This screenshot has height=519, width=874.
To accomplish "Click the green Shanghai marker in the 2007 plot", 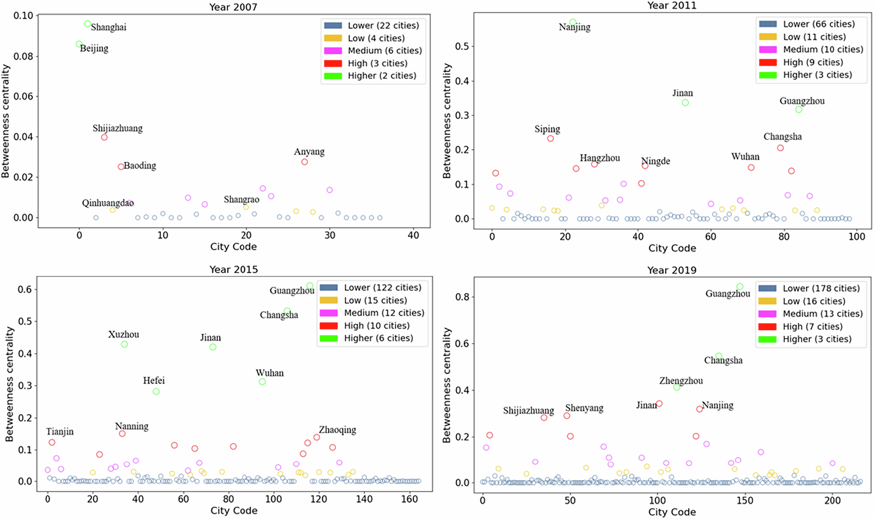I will click(x=87, y=24).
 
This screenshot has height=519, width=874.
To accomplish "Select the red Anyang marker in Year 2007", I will click(x=305, y=162).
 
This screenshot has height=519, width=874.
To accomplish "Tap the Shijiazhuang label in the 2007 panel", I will click(x=118, y=128).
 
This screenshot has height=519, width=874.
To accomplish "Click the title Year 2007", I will click(x=233, y=7).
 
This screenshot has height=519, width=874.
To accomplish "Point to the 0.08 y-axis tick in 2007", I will click(x=23, y=56).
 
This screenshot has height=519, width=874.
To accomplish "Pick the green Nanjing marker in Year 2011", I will click(x=573, y=22).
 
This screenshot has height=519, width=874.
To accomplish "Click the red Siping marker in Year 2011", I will click(x=551, y=139).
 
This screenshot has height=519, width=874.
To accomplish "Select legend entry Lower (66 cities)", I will click(x=819, y=24).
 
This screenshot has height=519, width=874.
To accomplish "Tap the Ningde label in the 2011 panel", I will click(x=655, y=161).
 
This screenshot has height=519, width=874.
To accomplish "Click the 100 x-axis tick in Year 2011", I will click(x=857, y=237).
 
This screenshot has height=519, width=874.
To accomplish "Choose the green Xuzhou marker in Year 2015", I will click(x=125, y=345).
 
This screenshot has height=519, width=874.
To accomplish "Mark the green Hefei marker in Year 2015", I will click(x=156, y=392).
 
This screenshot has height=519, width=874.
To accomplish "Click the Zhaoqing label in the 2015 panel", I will click(x=337, y=430).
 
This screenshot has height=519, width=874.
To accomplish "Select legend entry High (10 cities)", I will click(x=377, y=326).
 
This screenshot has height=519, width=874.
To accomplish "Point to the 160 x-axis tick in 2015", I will click(x=409, y=499).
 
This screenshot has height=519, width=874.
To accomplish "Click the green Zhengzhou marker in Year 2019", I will click(x=677, y=387).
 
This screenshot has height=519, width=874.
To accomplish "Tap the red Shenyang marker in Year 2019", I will click(x=567, y=416).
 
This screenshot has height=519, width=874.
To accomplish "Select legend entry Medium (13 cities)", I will click(x=822, y=314).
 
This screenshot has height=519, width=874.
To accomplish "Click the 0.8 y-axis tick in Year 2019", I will click(x=463, y=297).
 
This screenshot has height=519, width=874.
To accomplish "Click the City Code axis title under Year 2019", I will click(x=672, y=512).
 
